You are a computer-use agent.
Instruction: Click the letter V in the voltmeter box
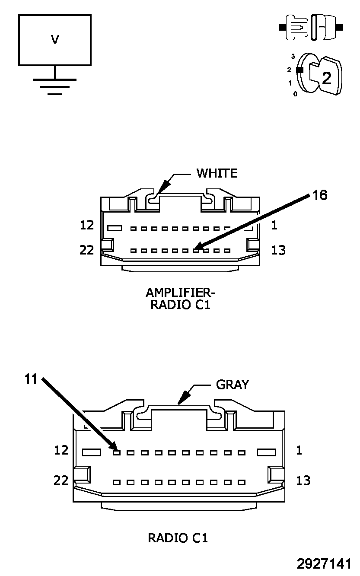tap(55, 40)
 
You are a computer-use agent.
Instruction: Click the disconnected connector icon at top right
tap(311, 27)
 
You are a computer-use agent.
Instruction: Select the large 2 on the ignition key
tap(326, 78)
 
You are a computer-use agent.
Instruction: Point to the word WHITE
tap(217, 173)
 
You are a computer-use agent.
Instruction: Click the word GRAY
tap(233, 385)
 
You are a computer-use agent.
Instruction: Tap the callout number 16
tap(320, 195)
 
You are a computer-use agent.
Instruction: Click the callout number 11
tap(31, 379)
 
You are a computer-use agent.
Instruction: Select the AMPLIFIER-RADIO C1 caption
tap(181, 299)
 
